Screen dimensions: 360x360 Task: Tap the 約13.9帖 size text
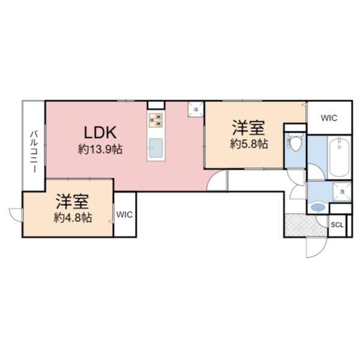click(100, 149)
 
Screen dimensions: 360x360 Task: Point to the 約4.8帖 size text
click(73, 217)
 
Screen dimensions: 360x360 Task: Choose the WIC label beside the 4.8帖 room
click(125, 214)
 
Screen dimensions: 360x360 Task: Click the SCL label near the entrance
click(338, 225)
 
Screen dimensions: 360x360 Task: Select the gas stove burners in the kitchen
click(156, 119)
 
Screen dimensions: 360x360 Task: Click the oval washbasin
click(318, 208)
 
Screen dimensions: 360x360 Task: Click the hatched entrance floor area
click(305, 225)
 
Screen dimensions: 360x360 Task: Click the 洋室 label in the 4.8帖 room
click(73, 201)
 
